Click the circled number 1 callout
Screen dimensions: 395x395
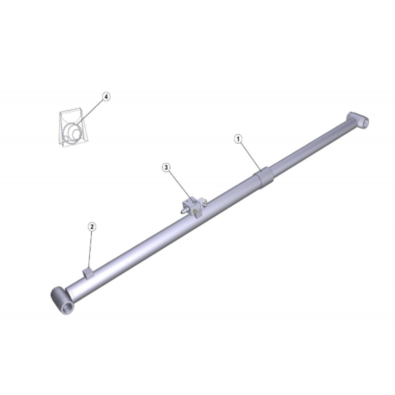(238, 139)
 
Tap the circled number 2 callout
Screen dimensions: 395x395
(92, 227)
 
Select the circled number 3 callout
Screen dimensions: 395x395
(166, 167)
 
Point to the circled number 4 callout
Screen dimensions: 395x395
(106, 96)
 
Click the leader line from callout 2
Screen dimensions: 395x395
(90, 249)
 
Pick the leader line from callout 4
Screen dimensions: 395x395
(91, 112)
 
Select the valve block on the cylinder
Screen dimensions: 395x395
(194, 207)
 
